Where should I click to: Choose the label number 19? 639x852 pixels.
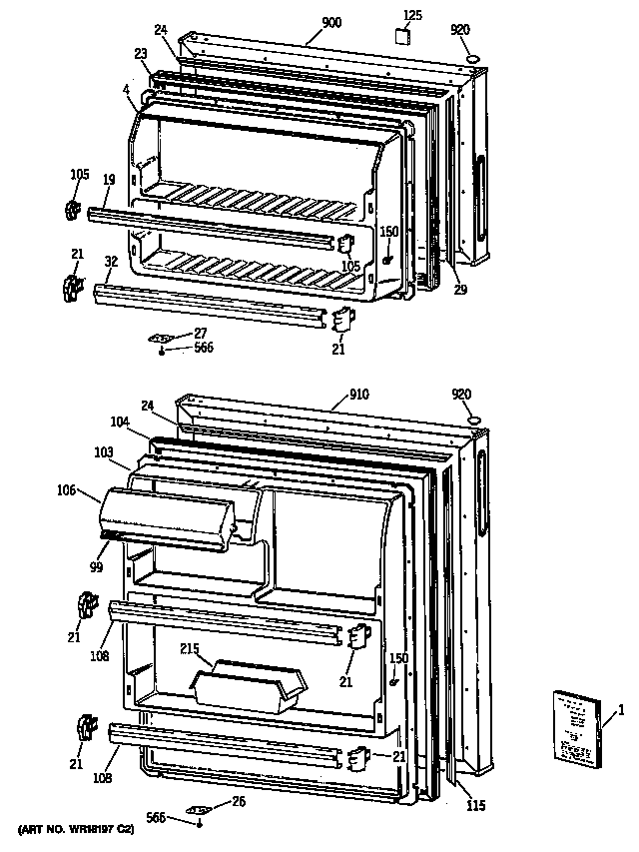point(109,180)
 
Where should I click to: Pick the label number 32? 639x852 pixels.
point(110,261)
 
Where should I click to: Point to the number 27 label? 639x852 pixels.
point(201,333)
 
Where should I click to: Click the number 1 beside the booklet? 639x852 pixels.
point(620,710)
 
